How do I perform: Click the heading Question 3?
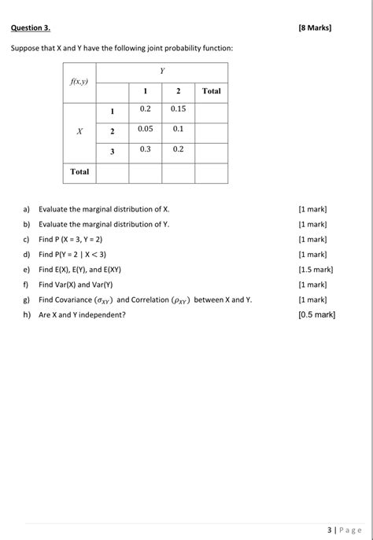click(30, 28)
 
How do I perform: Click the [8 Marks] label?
click(316, 28)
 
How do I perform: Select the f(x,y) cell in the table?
click(79, 82)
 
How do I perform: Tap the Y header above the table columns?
click(162, 72)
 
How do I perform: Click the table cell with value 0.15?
click(178, 108)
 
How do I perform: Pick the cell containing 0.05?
click(145, 128)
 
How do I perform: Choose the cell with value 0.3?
click(145, 149)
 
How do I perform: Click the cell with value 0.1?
click(178, 128)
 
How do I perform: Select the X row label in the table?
click(79, 131)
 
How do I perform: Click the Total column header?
click(211, 91)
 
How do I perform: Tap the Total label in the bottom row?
click(79, 171)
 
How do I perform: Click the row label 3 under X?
click(112, 152)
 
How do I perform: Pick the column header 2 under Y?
click(178, 91)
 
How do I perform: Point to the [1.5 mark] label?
click(316, 270)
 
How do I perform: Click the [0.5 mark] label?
click(316, 314)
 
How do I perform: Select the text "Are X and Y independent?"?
click(82, 314)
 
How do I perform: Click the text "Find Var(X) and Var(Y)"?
click(76, 285)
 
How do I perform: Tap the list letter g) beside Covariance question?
click(26, 299)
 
